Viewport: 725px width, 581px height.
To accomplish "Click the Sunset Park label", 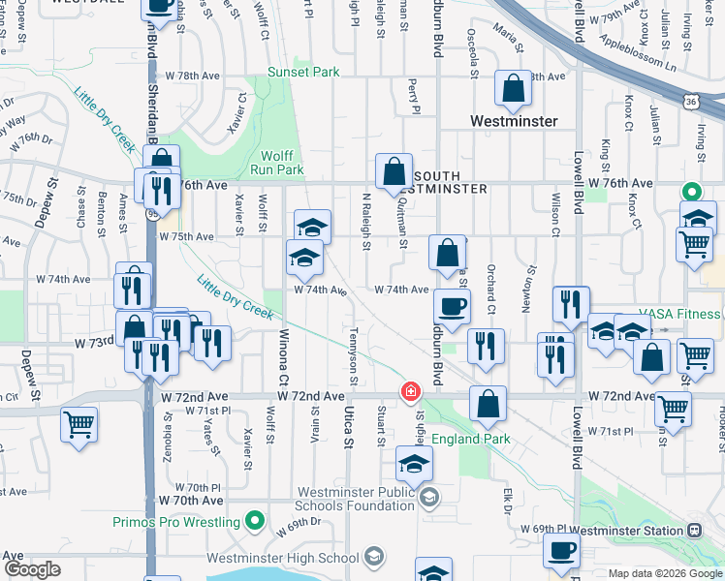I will tap(303, 72).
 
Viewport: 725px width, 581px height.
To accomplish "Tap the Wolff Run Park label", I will tap(282, 162).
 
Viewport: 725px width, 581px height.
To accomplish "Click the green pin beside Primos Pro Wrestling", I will tap(255, 522).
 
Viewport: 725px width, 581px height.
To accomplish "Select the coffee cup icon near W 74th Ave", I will tap(452, 307).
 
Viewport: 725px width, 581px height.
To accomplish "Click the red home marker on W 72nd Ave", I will tap(411, 391).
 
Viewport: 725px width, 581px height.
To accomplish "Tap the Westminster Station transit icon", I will tap(694, 530).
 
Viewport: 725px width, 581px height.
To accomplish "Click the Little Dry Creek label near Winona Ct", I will tap(236, 297).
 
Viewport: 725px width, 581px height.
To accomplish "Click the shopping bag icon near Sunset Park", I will tap(513, 89).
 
